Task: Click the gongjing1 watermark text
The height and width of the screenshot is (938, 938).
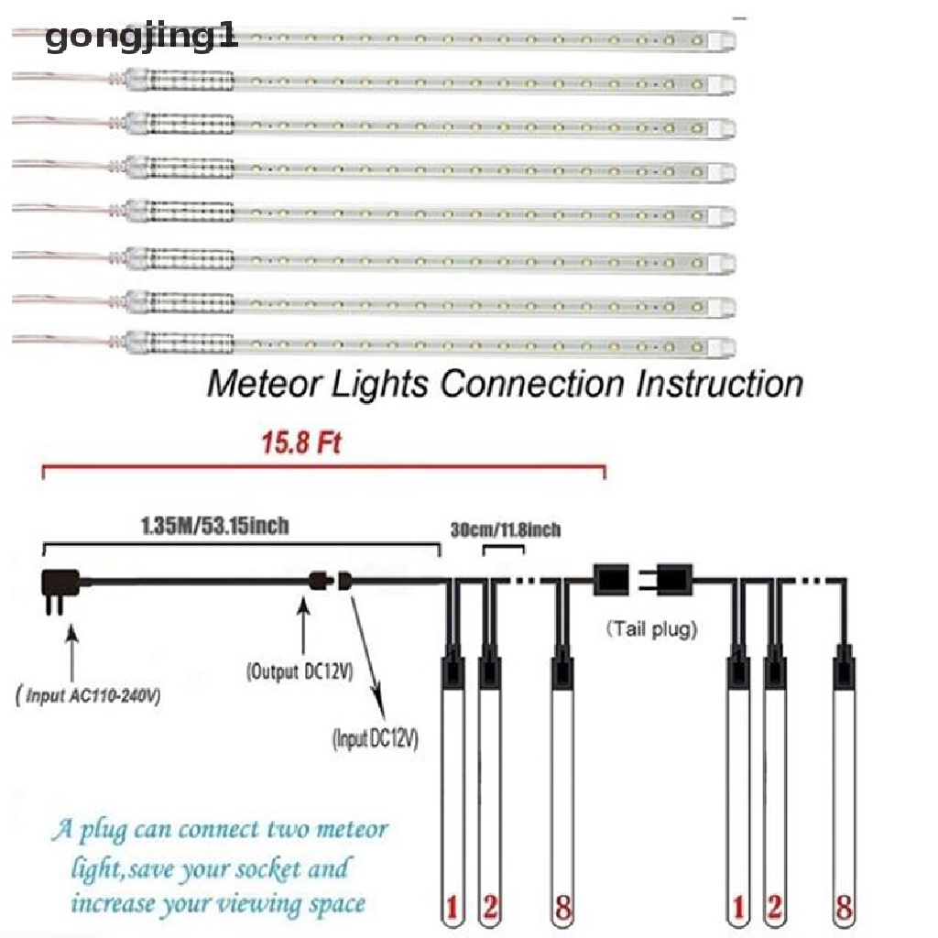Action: coord(141,38)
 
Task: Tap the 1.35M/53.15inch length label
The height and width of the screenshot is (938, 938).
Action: coord(216,526)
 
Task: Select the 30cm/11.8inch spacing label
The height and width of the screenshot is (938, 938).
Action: coord(506,529)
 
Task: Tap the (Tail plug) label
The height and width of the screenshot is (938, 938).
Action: coord(651,629)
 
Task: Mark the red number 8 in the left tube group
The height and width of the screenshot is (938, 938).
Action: coord(562,910)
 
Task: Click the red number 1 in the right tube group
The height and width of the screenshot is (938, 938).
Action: coord(734,910)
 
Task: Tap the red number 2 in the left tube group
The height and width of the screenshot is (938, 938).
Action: coord(490,910)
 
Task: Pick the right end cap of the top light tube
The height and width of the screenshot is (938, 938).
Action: coord(725,39)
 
